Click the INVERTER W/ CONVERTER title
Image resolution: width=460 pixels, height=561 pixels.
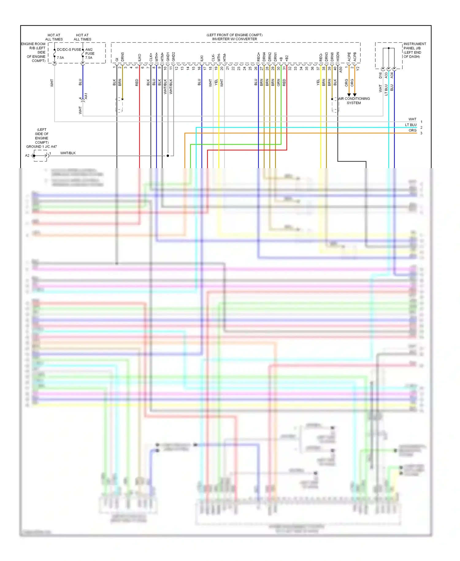coord(235,39)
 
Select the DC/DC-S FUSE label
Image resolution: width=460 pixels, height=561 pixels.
coord(69,49)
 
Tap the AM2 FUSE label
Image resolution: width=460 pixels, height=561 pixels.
coord(90,52)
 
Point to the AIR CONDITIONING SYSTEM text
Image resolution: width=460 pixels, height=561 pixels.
coord(354,101)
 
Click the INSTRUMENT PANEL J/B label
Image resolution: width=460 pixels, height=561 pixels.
coord(414,46)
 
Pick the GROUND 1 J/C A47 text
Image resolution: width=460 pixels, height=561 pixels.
coord(41,147)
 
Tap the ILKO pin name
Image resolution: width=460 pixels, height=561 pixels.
coord(140,57)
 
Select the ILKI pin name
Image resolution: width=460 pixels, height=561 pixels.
coord(202,58)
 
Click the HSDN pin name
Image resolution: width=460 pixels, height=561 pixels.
coord(338,56)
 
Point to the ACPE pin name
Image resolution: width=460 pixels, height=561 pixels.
coord(349,57)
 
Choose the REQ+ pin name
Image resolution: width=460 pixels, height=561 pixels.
coord(259,57)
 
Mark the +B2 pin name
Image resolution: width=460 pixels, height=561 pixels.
coord(287,58)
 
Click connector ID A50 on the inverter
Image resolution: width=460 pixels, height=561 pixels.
coord(341,70)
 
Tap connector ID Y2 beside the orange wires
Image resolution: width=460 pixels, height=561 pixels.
coord(358,69)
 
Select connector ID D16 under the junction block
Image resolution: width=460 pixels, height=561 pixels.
coord(381,75)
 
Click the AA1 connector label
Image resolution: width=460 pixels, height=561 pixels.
coord(86,96)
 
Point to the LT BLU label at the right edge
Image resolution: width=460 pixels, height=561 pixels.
coord(411,125)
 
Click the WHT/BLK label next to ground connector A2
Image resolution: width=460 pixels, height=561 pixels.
coord(68,153)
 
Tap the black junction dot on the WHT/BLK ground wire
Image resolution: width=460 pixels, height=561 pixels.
coord(168,156)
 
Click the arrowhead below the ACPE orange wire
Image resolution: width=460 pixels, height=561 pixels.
coord(349,95)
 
